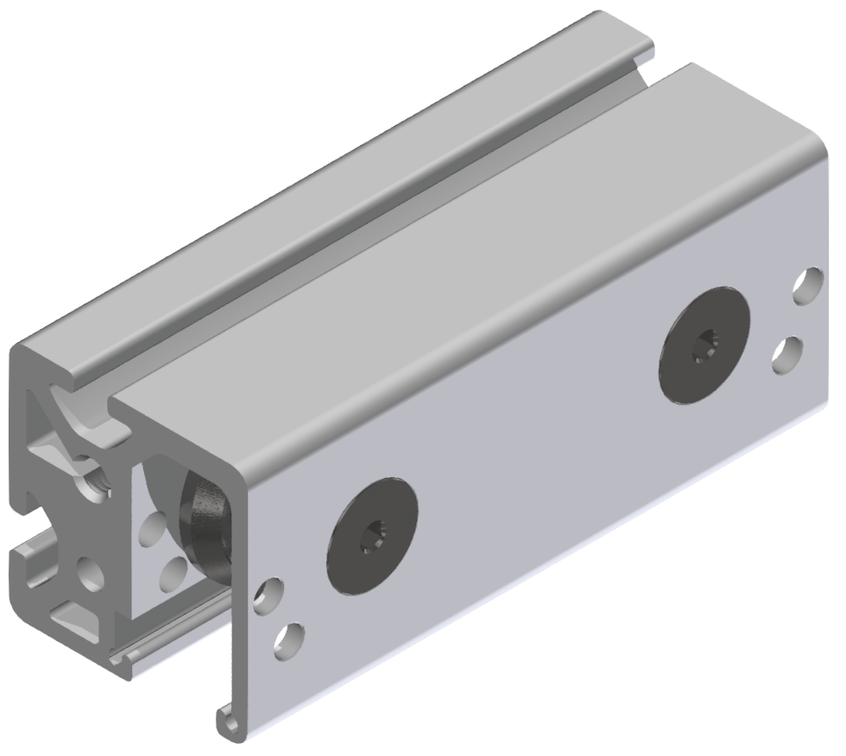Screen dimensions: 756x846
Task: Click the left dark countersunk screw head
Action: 371,535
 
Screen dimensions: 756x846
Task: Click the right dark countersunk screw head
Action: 703,346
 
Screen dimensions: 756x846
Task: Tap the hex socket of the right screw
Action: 703,350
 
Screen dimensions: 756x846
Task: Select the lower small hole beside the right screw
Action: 787,354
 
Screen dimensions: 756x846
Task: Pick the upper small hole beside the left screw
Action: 268,595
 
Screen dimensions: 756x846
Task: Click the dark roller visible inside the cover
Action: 204,526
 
